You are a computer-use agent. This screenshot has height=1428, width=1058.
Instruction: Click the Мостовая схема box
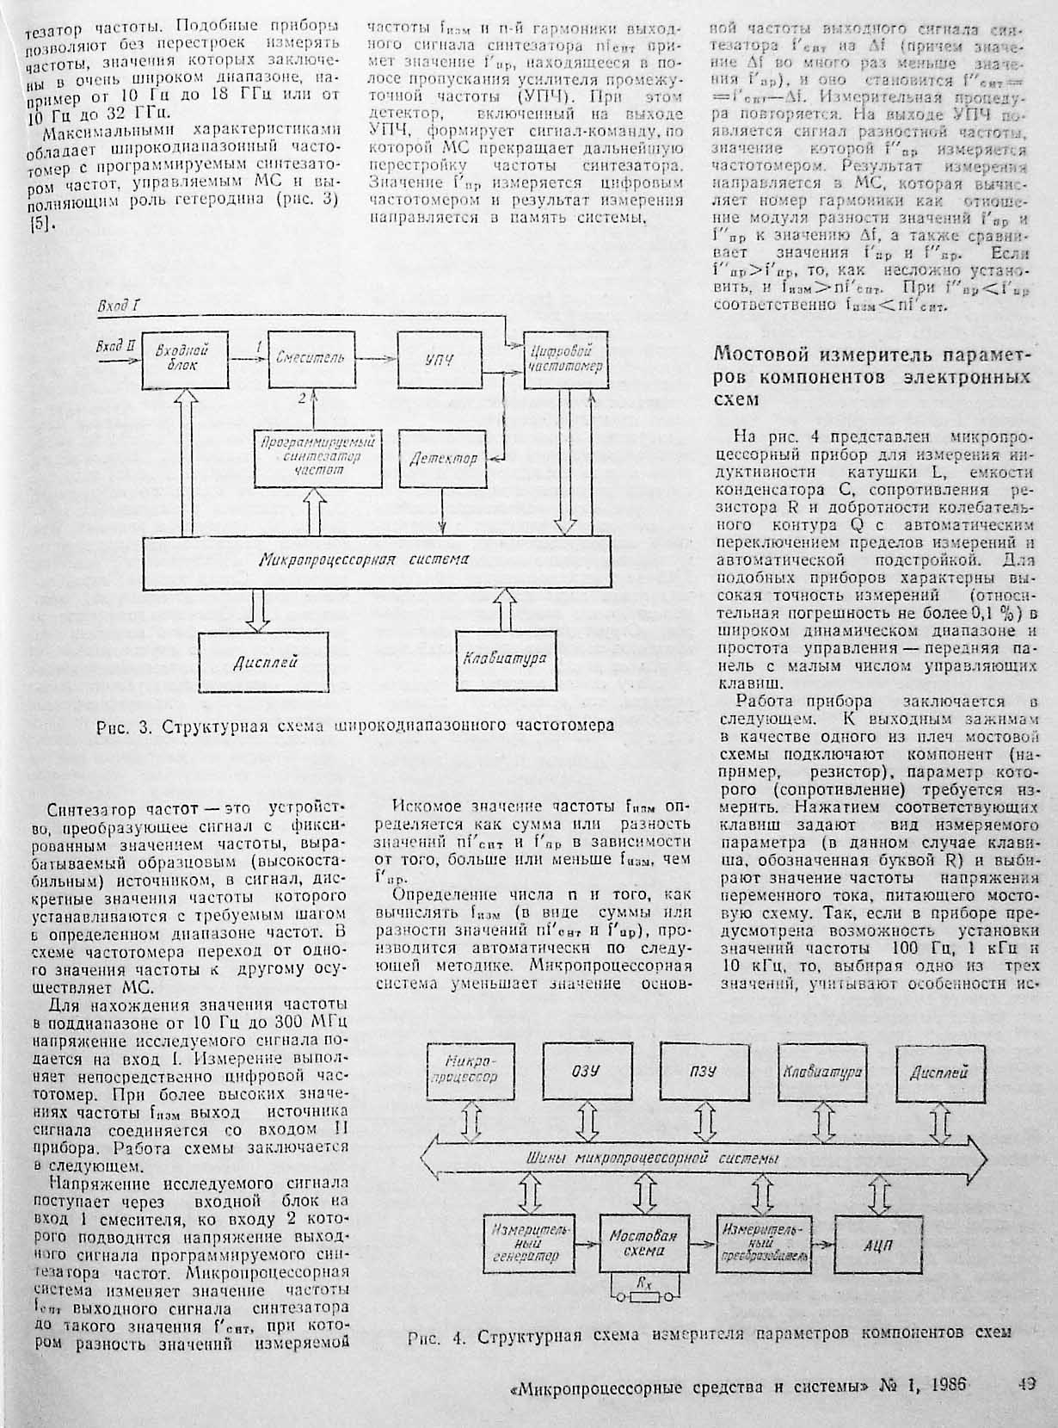click(x=643, y=1242)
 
